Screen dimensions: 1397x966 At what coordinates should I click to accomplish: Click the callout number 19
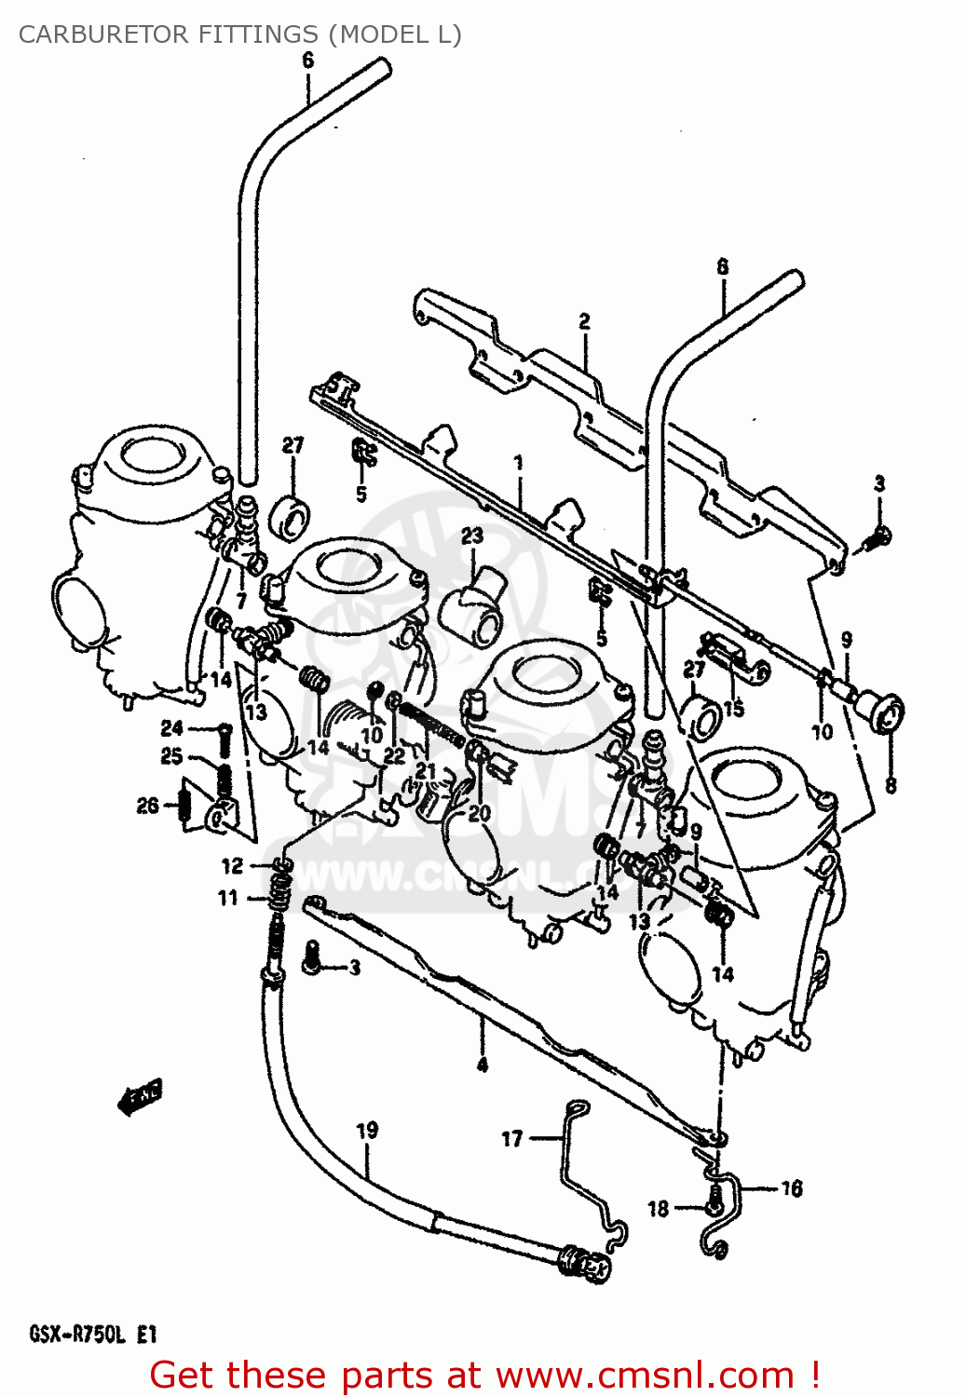(x=367, y=1131)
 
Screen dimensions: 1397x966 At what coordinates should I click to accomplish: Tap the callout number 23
(x=472, y=536)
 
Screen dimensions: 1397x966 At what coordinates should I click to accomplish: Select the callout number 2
(x=584, y=321)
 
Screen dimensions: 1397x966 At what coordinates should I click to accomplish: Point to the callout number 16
(x=791, y=1188)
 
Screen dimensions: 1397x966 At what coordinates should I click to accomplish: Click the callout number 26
(x=148, y=805)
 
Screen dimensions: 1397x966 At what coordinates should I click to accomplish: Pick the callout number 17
(x=512, y=1138)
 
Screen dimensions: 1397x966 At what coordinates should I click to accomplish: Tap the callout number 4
(x=482, y=1065)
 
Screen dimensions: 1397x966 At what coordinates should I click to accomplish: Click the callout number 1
(x=519, y=462)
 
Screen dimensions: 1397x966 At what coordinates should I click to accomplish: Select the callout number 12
(x=232, y=866)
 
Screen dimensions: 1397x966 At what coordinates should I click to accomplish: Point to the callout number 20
(x=479, y=813)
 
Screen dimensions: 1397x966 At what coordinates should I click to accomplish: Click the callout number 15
(x=734, y=708)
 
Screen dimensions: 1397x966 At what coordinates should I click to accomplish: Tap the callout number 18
(x=659, y=1208)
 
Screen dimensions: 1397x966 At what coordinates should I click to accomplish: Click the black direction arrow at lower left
(x=140, y=1096)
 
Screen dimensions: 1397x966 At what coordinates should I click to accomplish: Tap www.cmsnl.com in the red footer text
(x=645, y=1376)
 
